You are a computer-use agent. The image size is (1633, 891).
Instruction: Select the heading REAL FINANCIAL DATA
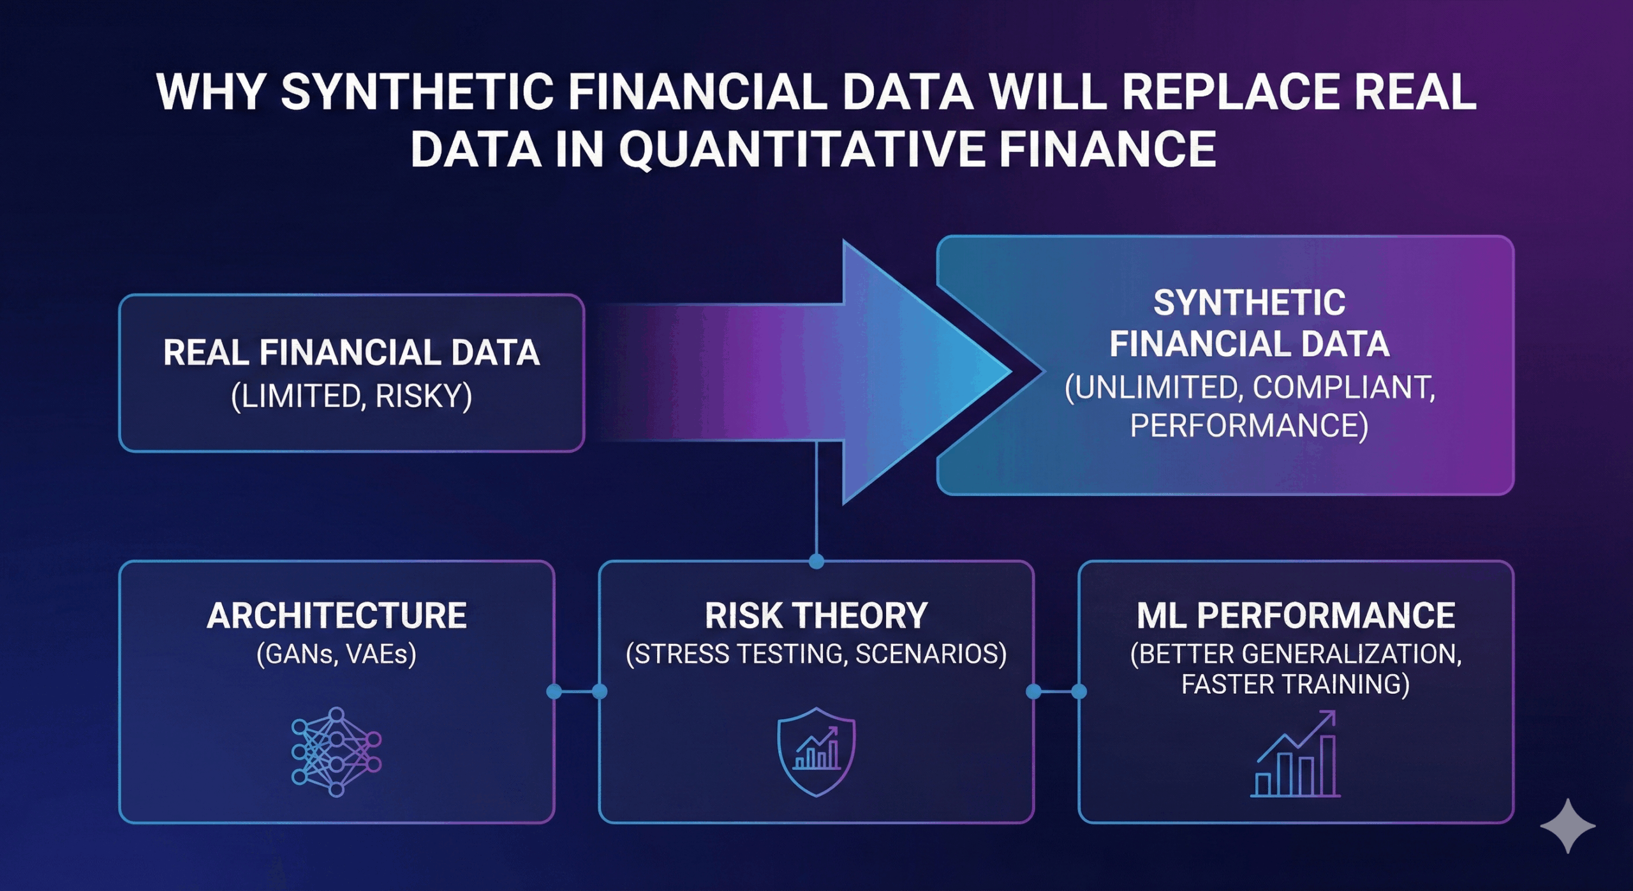(351, 352)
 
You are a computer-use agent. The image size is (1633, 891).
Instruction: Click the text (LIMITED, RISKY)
(351, 396)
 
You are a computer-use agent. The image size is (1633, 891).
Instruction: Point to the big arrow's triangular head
(919, 372)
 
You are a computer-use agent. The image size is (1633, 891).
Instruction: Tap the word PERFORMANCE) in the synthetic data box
(1249, 426)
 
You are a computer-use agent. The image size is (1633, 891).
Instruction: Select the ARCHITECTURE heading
(336, 616)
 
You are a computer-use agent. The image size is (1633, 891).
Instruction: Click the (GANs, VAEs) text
(336, 654)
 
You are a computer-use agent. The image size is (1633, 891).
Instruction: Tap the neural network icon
(336, 751)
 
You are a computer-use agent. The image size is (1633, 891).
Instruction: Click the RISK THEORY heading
(816, 616)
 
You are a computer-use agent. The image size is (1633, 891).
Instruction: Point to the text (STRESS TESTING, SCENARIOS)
(816, 654)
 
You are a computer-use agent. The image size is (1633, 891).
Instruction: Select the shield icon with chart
(816, 751)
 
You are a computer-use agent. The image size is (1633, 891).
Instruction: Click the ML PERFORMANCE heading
(1296, 616)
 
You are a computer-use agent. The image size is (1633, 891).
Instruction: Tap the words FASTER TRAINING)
(1296, 684)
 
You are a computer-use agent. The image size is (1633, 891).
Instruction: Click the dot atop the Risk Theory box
(816, 562)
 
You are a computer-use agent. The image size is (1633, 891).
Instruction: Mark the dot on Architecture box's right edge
(554, 691)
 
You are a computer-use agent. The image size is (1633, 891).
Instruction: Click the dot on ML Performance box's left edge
(1079, 691)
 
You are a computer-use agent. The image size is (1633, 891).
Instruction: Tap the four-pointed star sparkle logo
(1567, 826)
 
